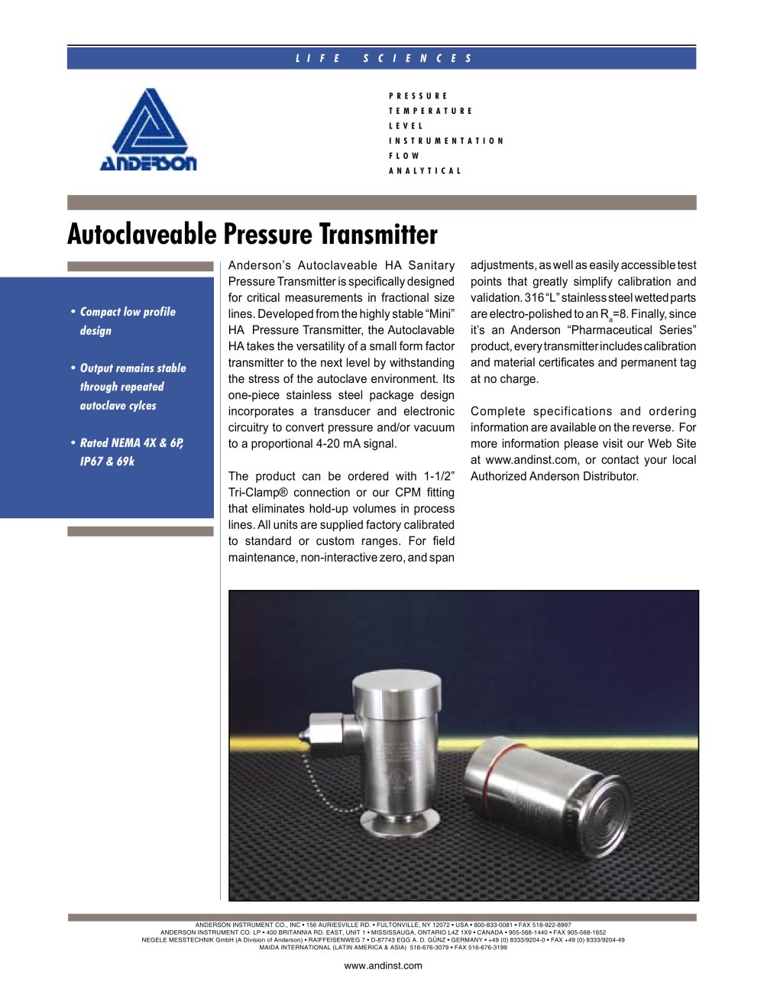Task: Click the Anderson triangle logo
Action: (148, 128)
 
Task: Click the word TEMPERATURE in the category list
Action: (431, 111)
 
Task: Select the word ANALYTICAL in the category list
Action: (425, 171)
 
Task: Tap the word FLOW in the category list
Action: (404, 156)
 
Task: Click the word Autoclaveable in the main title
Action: (143, 234)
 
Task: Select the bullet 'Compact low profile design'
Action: (128, 321)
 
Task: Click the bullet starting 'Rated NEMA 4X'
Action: (131, 452)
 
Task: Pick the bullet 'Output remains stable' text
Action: (133, 387)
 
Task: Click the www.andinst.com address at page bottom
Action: (383, 965)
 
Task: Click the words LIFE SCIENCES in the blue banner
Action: (384, 58)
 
